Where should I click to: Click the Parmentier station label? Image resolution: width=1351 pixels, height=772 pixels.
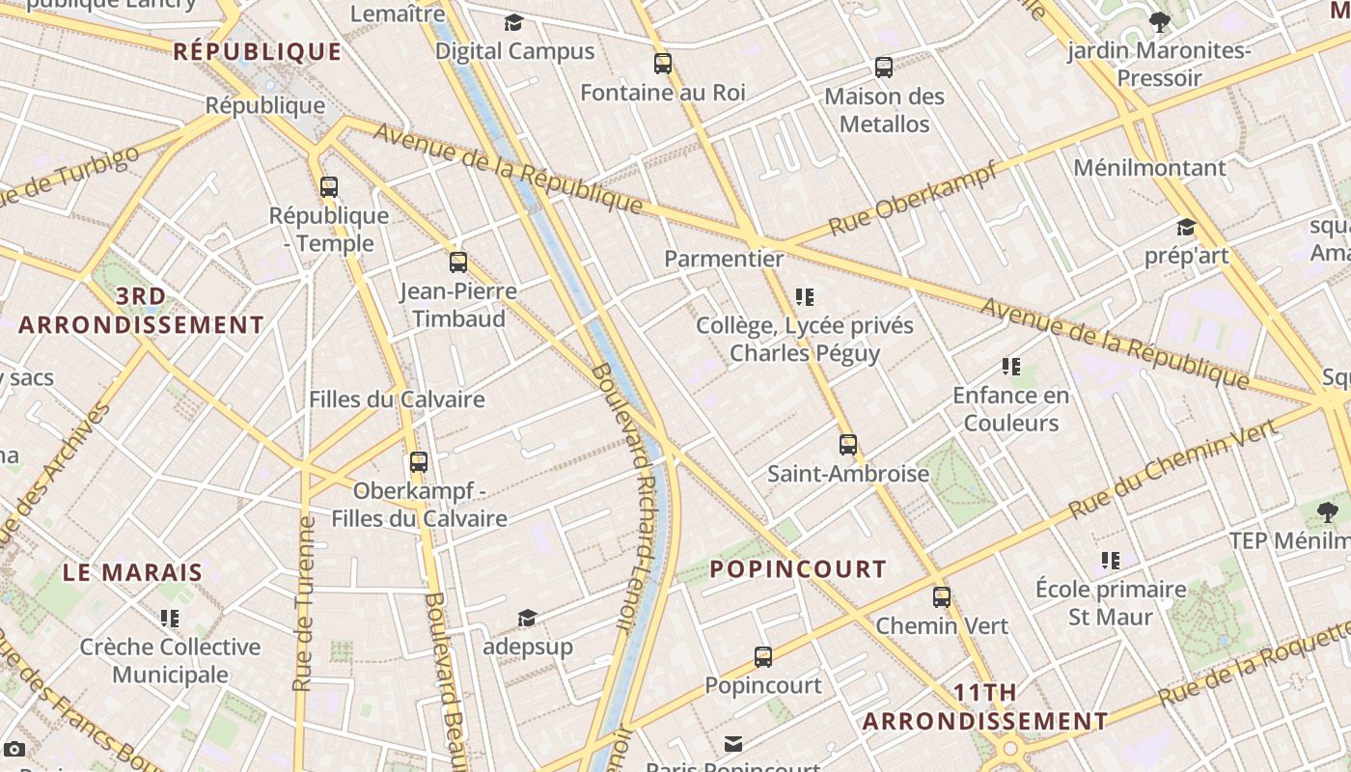pos(724,259)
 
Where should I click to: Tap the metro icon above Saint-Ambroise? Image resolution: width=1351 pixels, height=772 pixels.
pos(848,445)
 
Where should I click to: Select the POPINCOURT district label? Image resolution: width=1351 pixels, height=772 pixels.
pos(798,569)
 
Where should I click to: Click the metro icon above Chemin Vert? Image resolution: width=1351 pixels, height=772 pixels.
pos(942,597)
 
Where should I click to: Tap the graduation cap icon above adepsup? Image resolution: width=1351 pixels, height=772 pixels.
pos(527,619)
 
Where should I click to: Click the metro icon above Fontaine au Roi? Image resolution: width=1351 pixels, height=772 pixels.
pos(663,65)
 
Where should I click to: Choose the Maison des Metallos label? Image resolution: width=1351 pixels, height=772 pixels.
pos(884,110)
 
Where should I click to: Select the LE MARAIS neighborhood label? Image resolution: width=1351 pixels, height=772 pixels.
pos(133,572)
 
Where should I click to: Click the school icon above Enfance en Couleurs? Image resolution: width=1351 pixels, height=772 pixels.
pos(1011,367)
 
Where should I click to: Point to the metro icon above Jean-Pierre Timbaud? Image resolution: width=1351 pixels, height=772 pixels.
pos(458,262)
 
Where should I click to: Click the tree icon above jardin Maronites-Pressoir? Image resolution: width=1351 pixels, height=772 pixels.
pos(1160,22)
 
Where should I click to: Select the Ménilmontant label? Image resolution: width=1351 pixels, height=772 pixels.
pos(1149,168)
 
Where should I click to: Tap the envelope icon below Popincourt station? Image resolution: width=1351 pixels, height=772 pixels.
pos(733,743)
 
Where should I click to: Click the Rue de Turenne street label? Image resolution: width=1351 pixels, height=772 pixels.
pos(304,603)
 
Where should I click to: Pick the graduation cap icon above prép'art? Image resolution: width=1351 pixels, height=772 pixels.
pos(1186,228)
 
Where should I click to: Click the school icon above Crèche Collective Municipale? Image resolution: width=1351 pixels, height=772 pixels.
pos(170,618)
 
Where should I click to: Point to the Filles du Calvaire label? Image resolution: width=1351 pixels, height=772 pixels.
pos(397,400)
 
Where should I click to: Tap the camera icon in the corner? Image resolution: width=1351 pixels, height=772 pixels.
pos(14,749)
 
